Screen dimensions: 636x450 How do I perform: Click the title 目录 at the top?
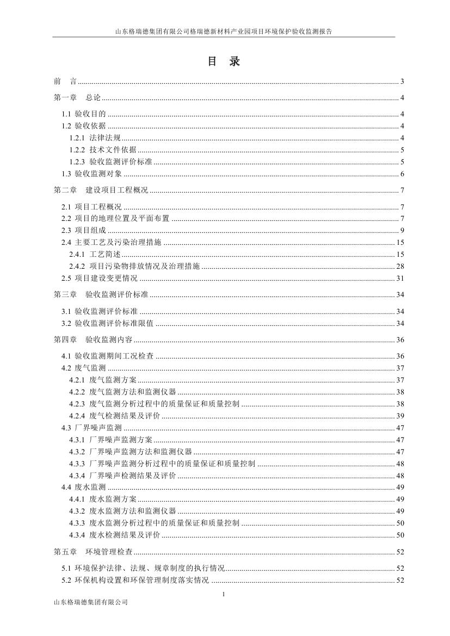(224, 62)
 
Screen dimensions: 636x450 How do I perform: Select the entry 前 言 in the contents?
(65, 82)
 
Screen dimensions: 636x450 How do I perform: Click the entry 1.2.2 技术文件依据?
(103, 150)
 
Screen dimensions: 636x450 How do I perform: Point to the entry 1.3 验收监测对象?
(92, 174)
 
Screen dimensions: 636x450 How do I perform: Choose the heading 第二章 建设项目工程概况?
(101, 190)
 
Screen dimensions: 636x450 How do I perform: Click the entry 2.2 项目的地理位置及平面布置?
(115, 218)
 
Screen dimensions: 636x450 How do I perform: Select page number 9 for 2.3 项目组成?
(402, 230)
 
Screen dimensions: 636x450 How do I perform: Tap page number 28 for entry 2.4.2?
(400, 267)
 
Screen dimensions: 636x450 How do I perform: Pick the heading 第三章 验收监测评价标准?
(101, 295)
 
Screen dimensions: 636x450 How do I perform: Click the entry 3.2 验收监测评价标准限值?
(107, 323)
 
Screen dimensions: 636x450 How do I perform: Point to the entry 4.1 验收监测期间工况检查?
(107, 356)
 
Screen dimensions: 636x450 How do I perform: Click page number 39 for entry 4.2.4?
(400, 416)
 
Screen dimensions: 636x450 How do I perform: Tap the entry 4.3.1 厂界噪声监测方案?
(110, 440)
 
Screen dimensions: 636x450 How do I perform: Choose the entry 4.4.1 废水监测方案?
(103, 499)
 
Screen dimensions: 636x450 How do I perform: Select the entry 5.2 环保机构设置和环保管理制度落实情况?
(135, 581)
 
